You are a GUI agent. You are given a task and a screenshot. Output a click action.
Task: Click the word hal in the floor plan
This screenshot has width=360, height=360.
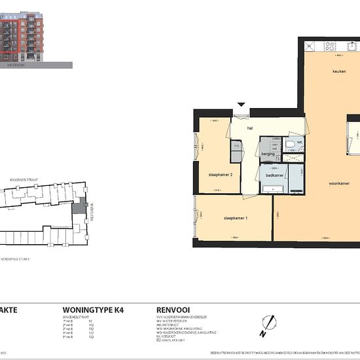click(x=249, y=128)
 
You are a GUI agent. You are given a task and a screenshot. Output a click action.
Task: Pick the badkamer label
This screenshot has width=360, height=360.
click(x=274, y=176)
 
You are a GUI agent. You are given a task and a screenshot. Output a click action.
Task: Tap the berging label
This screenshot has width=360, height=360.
click(x=268, y=154)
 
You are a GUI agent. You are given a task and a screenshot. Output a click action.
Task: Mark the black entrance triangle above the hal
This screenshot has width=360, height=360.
click(x=242, y=104)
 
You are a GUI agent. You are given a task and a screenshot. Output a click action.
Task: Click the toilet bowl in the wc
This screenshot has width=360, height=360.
click(x=289, y=142)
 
